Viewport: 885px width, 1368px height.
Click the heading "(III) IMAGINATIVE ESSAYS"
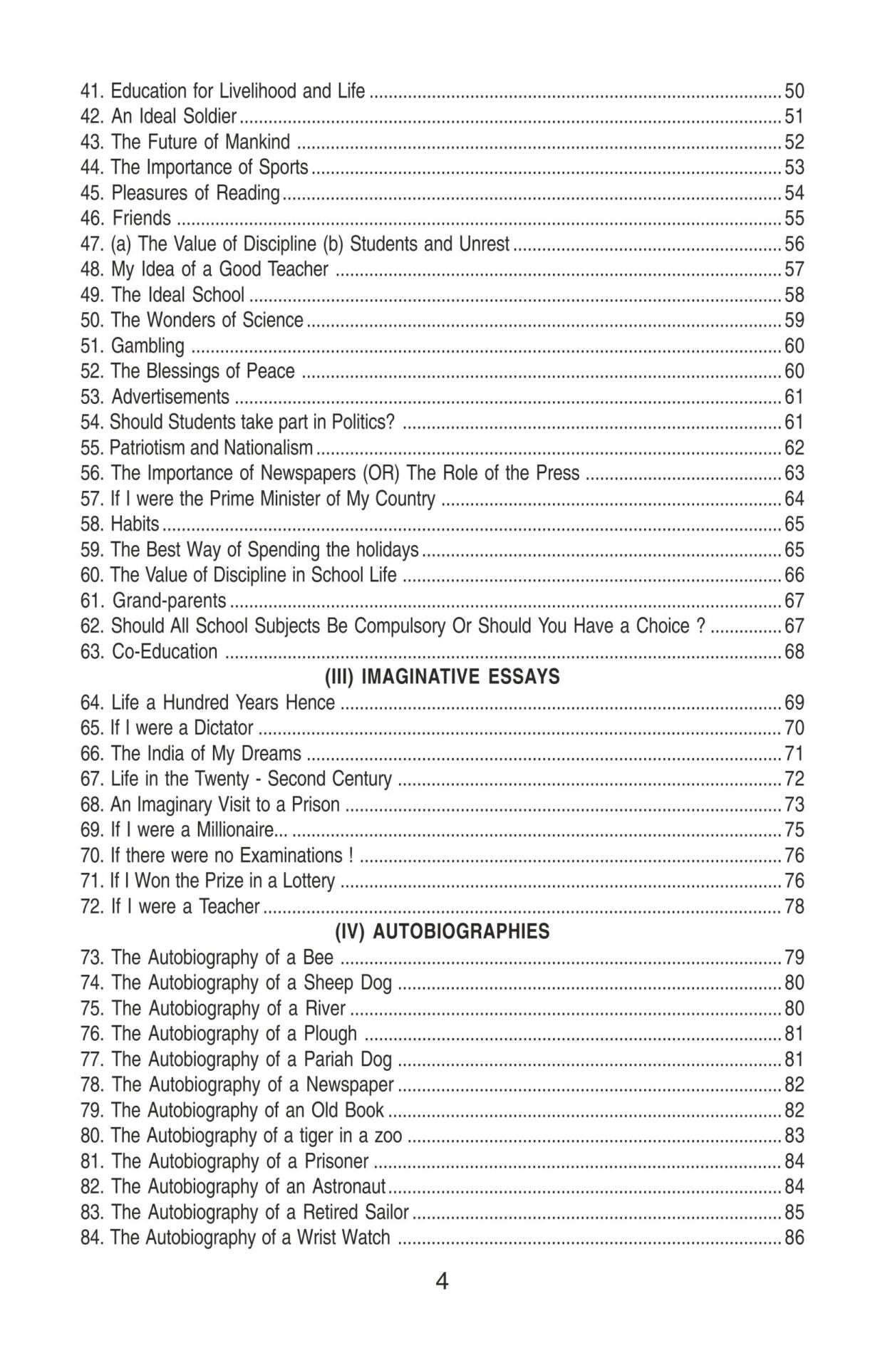442,677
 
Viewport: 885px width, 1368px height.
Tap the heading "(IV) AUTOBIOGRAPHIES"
442,932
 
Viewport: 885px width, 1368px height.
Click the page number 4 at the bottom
442,1282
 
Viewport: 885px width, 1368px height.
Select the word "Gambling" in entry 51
147,346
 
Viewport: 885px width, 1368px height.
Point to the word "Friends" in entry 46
142,219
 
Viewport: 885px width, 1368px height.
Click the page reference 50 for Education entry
794,91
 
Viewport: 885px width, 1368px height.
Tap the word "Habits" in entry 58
135,524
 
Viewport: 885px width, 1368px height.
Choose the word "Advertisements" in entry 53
170,397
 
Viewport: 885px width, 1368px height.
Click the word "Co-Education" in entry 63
165,652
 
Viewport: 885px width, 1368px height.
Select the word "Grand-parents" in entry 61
169,601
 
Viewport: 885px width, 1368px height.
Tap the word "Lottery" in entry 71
309,881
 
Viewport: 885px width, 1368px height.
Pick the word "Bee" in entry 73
318,958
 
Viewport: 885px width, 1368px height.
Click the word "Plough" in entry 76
331,1034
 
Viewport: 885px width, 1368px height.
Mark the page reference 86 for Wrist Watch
794,1238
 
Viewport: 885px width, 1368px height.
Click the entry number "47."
93,244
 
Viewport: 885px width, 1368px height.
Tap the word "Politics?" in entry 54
363,423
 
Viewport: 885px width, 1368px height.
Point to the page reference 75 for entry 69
794,830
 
